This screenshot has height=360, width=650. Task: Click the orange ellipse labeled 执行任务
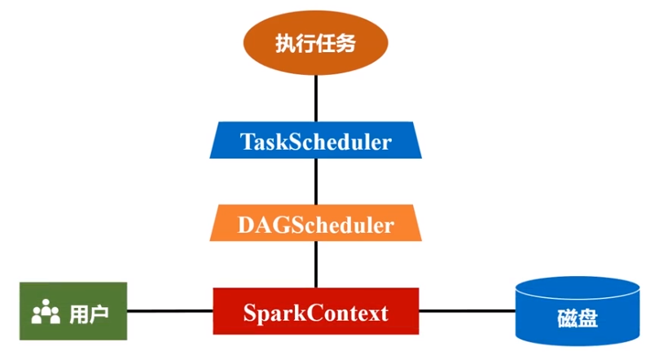[315, 42]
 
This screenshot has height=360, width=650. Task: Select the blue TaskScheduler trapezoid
[315, 140]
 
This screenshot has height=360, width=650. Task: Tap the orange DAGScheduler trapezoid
[315, 222]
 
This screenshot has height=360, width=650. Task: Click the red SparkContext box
[316, 311]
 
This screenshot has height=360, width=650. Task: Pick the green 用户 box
[73, 311]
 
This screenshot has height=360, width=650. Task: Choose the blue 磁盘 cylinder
[578, 311]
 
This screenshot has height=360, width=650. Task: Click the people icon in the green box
[46, 311]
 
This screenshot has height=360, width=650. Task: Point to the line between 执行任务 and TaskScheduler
[316, 99]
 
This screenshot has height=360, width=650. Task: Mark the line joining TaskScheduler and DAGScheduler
[316, 182]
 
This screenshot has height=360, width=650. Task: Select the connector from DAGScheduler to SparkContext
[316, 265]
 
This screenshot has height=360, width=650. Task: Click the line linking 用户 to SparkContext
[170, 310]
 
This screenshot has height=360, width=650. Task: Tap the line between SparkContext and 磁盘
[468, 310]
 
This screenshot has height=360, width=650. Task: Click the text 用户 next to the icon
[89, 314]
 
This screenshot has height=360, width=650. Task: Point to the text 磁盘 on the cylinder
[578, 318]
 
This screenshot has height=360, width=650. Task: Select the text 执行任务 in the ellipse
[315, 43]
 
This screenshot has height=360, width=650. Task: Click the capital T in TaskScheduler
[248, 142]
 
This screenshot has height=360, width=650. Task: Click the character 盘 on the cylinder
[588, 318]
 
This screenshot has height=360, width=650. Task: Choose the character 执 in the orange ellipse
[285, 43]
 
